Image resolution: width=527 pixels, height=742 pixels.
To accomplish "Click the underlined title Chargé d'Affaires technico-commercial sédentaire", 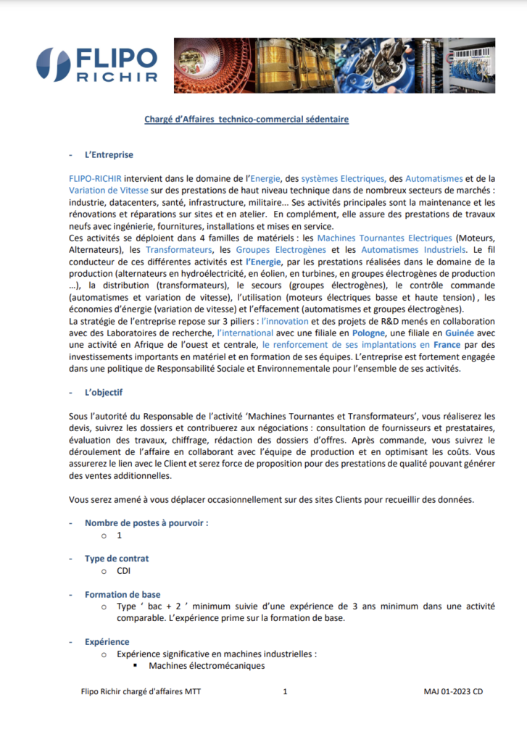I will (246, 118).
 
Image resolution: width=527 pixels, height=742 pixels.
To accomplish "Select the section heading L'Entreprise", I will (109, 154).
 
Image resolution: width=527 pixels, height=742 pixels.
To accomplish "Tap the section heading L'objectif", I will (104, 392).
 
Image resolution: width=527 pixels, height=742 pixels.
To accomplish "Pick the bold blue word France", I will (447, 344).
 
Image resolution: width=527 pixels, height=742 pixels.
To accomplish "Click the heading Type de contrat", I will (117, 559).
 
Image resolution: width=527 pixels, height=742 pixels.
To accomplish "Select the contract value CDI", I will (124, 571).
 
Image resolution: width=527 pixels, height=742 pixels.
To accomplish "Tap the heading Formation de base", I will (123, 594).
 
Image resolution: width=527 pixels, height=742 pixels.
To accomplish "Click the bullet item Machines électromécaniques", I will (207, 665).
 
